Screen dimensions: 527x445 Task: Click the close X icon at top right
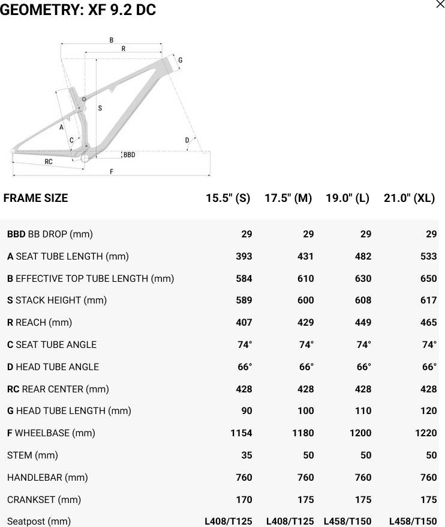click(x=440, y=5)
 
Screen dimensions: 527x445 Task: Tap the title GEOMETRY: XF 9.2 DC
click(x=78, y=10)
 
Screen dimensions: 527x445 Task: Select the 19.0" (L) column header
click(x=347, y=198)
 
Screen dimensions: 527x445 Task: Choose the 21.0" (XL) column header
click(x=409, y=198)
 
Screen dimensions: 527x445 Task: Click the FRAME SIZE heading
click(x=35, y=198)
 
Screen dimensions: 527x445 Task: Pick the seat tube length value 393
click(x=244, y=257)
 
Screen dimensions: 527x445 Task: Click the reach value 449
click(x=363, y=323)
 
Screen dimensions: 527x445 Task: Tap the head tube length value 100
click(x=305, y=411)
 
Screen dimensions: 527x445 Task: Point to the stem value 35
click(x=246, y=455)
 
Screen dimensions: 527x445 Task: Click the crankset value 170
click(x=244, y=500)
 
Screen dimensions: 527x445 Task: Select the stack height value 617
click(x=428, y=300)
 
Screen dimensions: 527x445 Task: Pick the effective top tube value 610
click(x=305, y=279)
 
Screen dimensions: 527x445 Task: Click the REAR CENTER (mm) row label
click(x=58, y=389)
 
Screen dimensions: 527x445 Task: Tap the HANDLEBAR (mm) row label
click(x=47, y=478)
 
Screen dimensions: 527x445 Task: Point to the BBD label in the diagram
click(x=129, y=155)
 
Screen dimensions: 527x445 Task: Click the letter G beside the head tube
click(x=180, y=60)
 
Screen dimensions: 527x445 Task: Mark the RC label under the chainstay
click(x=49, y=162)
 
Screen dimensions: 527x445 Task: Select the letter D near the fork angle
click(x=187, y=141)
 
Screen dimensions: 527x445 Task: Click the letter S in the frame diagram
click(x=100, y=108)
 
